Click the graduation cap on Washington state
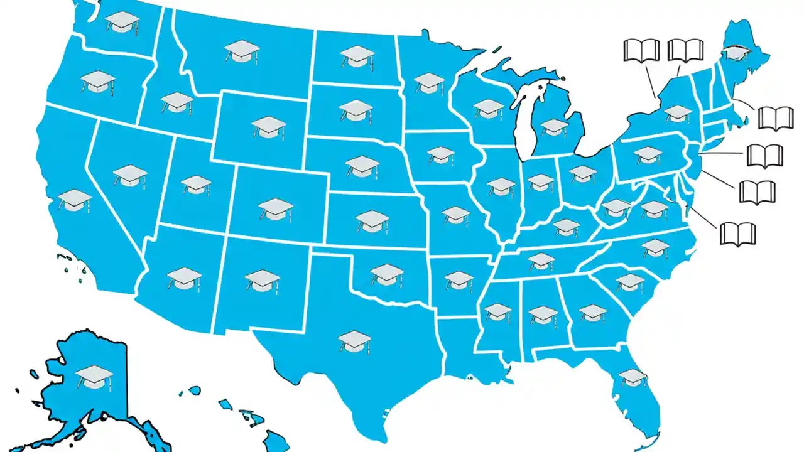coord(122,22)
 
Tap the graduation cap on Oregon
coord(99,81)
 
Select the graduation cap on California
coord(75,200)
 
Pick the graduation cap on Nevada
coord(131,175)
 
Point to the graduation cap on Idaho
coord(177,102)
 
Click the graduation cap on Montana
coord(242,50)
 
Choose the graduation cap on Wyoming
coord(269,127)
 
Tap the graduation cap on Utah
coord(197,184)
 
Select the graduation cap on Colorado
coord(276,208)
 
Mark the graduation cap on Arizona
coord(185,277)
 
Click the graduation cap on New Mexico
coord(262,279)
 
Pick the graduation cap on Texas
coord(355,341)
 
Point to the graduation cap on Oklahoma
coord(387,274)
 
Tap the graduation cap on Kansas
coord(372,220)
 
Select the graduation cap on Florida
coord(633,377)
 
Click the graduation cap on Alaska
coord(94,376)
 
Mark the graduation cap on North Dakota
coord(357,56)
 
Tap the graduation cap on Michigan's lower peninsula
coord(555,127)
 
